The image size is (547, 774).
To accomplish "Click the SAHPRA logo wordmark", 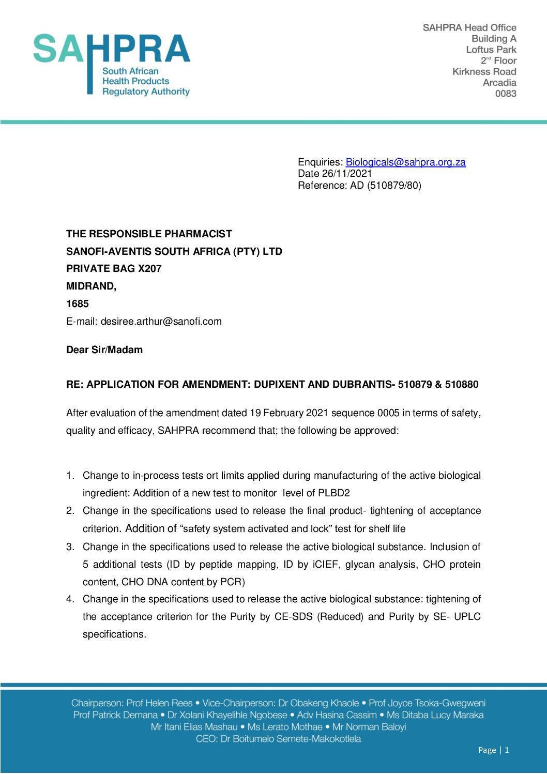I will tap(112, 50).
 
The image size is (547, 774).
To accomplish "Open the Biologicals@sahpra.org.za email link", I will tap(405, 162).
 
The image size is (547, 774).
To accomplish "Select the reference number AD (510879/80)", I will tap(386, 185).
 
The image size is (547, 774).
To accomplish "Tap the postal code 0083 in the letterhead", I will tap(506, 94).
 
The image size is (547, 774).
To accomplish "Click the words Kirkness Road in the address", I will tap(484, 72).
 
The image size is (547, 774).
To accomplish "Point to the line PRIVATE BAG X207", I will tap(114, 268).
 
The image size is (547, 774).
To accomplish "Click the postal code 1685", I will tap(78, 303).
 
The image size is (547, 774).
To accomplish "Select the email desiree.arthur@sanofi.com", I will tap(161, 321).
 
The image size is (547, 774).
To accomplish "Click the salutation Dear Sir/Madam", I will tap(104, 350).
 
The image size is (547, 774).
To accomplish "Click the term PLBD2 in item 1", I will tap(334, 493).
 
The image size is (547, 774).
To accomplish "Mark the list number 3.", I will tap(70, 547).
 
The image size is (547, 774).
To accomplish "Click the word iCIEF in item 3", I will tap(325, 564).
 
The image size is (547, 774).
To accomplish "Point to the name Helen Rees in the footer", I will tap(169, 703).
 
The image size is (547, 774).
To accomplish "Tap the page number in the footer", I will tap(507, 750).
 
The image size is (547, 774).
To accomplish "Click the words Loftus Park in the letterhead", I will tap(491, 50).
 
